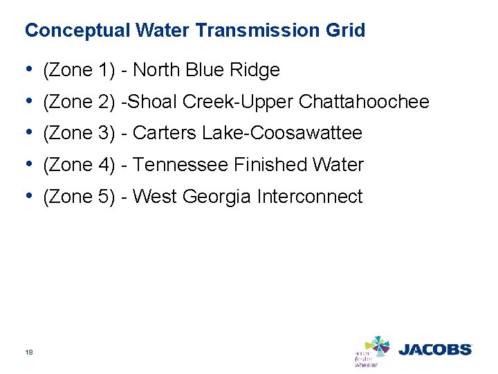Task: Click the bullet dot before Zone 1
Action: [28, 70]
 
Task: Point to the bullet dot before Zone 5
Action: [28, 197]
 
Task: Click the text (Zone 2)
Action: [79, 103]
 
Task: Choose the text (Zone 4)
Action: [79, 165]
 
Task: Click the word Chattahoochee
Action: [364, 103]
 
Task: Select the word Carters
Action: [164, 133]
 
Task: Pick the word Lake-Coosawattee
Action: [282, 133]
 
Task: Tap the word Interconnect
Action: [309, 197]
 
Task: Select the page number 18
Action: [29, 352]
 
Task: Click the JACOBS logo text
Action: [434, 350]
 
